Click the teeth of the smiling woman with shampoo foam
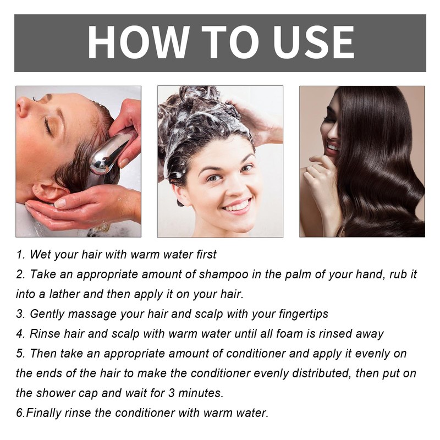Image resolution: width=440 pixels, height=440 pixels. (x=238, y=206)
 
